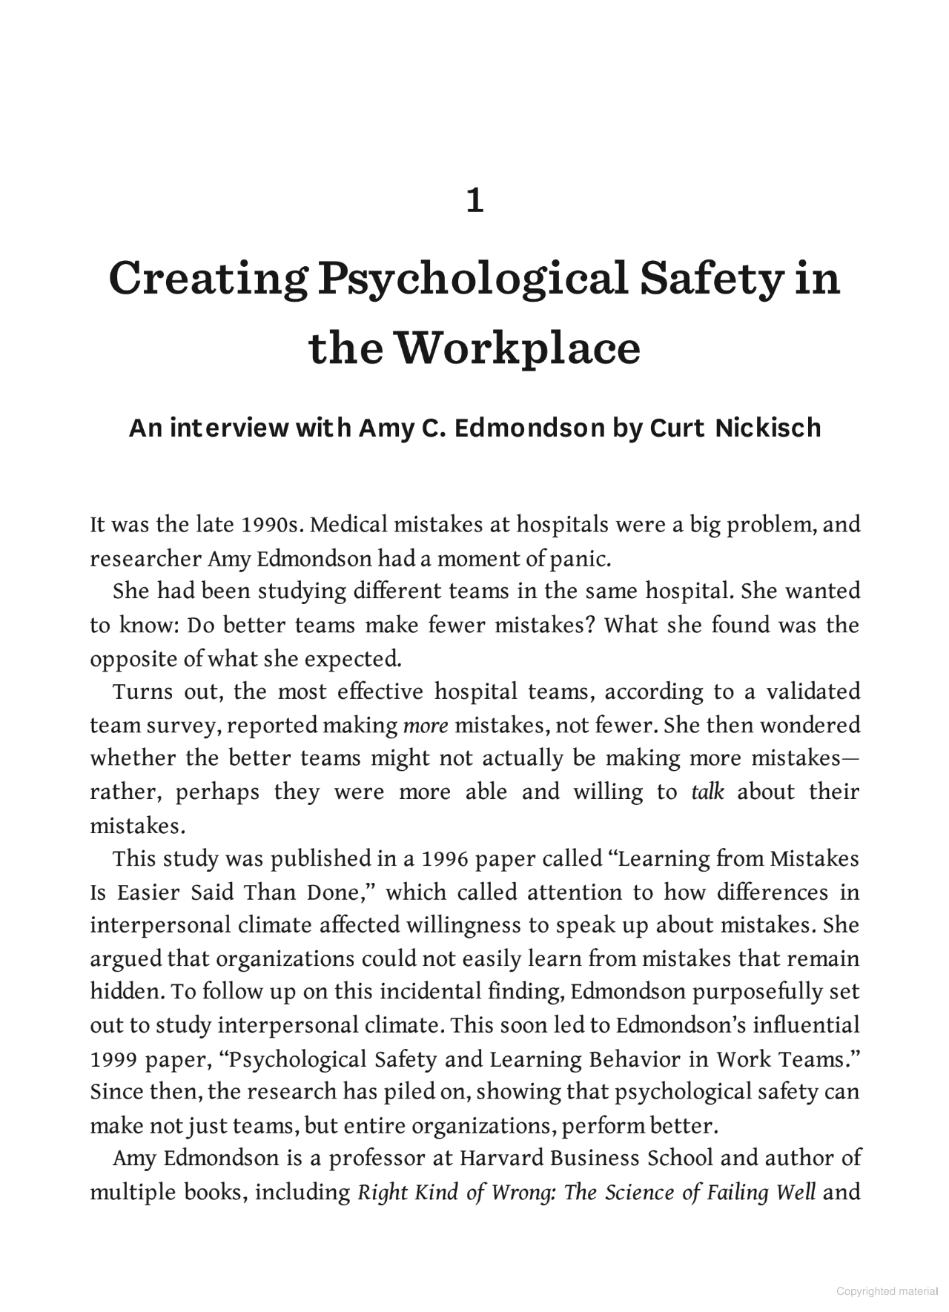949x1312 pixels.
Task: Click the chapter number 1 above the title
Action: [474, 201]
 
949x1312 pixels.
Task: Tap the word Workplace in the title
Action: [516, 348]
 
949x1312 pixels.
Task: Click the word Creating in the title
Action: [208, 278]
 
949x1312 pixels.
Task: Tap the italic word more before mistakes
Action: [426, 725]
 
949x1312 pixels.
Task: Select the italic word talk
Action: [707, 792]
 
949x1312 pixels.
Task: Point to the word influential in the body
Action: [807, 1025]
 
